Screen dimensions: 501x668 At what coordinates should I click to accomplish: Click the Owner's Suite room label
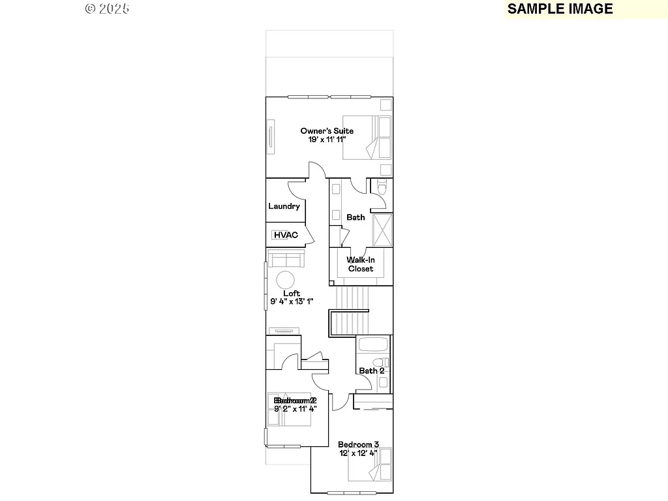point(327,131)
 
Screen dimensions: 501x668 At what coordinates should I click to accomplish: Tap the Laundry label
point(284,206)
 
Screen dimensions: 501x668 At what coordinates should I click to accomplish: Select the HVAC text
point(286,235)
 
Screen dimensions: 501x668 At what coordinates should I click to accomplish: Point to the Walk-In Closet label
point(360,264)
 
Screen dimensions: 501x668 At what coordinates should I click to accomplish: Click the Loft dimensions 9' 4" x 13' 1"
point(292,301)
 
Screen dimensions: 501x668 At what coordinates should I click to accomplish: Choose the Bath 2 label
point(372,371)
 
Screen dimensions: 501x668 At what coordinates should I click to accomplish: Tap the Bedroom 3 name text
point(358,444)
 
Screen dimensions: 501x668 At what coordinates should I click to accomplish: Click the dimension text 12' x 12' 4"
point(358,453)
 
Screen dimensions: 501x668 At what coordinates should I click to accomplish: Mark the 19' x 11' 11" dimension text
point(327,140)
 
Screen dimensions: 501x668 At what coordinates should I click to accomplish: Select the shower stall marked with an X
point(382,229)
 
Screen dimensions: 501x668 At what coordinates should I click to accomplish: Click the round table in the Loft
point(285,281)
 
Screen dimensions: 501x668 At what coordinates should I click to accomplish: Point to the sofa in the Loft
point(284,259)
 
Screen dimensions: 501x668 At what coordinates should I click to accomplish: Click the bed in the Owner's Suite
point(367,138)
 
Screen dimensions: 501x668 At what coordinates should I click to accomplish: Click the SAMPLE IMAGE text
point(560,8)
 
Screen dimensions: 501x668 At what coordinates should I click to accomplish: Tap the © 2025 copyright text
point(107,8)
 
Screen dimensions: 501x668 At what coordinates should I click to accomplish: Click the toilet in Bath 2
point(377,363)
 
